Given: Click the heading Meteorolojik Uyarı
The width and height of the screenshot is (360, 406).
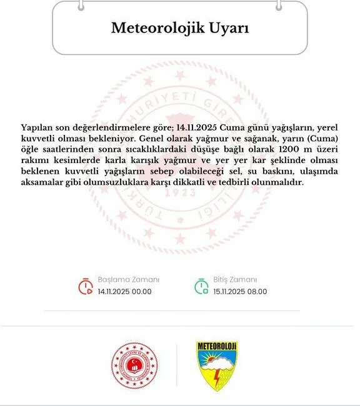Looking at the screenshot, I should pyautogui.click(x=179, y=28).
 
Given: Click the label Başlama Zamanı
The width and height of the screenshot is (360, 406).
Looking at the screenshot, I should pyautogui.click(x=129, y=279).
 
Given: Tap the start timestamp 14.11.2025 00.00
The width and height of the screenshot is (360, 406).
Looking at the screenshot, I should pyautogui.click(x=124, y=291).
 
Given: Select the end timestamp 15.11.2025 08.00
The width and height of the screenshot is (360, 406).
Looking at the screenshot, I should pyautogui.click(x=240, y=291).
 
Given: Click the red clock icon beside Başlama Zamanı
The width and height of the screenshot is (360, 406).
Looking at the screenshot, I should pyautogui.click(x=85, y=285).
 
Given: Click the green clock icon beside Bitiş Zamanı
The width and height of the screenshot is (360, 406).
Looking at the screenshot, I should pyautogui.click(x=201, y=285).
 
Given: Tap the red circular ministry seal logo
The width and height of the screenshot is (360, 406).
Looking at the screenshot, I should pyautogui.click(x=132, y=366).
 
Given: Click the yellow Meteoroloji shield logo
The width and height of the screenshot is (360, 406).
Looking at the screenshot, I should pyautogui.click(x=217, y=366).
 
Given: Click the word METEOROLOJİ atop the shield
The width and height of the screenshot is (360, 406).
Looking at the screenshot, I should pyautogui.click(x=217, y=347).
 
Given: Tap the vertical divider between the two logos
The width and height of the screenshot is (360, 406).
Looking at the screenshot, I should pyautogui.click(x=177, y=366).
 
